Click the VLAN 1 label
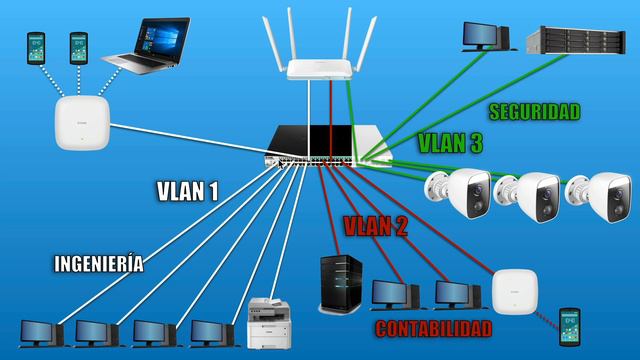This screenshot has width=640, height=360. tap(187, 191)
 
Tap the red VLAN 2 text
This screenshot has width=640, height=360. tap(375, 226)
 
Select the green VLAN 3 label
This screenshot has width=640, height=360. tap(449, 143)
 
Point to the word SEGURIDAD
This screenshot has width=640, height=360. tap(534, 112)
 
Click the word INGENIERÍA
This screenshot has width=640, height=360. tap(98, 264)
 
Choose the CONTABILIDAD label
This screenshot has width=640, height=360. tap(433, 328)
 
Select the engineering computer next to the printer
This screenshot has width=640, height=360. tap(213, 332)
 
